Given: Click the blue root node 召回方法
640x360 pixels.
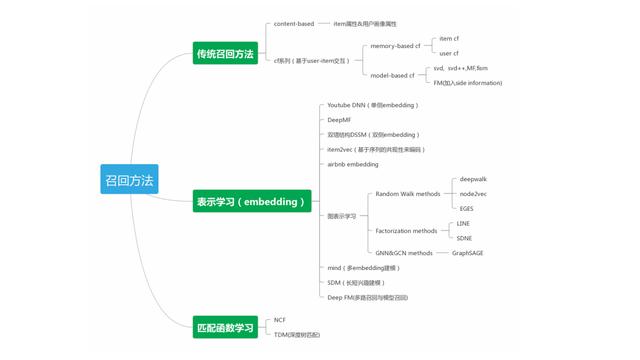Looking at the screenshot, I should [x=130, y=180].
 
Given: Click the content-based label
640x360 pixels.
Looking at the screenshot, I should [x=294, y=23].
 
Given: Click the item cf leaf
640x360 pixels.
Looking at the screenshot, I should [x=450, y=39].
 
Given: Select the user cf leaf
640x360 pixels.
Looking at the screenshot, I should [x=450, y=53].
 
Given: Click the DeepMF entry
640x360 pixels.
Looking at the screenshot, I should [x=340, y=119].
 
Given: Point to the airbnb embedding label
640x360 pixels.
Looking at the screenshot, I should [x=352, y=163].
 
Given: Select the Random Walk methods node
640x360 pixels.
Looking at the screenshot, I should [x=407, y=194].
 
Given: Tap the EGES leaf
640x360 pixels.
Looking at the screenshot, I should [x=468, y=208].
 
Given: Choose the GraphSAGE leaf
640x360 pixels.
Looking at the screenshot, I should [x=469, y=253].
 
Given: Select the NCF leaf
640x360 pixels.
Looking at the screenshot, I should [x=280, y=320].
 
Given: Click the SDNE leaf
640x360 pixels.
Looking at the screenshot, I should [x=464, y=238].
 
